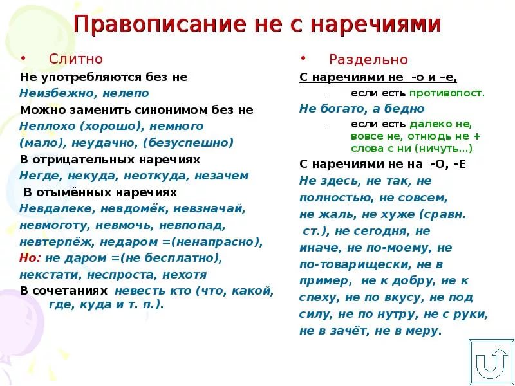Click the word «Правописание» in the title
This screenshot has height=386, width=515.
[x=160, y=24]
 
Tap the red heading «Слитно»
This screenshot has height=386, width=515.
[x=76, y=59]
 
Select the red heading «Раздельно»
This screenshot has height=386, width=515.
[x=368, y=59]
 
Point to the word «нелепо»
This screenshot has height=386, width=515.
[x=126, y=93]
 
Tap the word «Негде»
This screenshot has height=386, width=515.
[x=41, y=176]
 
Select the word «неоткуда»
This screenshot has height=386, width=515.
[x=156, y=176]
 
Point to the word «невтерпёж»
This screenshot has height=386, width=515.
[x=57, y=242]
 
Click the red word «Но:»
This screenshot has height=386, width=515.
[x=30, y=258]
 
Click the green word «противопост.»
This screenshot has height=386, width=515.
[x=447, y=93]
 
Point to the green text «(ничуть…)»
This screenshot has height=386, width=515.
[x=444, y=149]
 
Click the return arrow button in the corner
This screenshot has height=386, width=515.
[x=491, y=363]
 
